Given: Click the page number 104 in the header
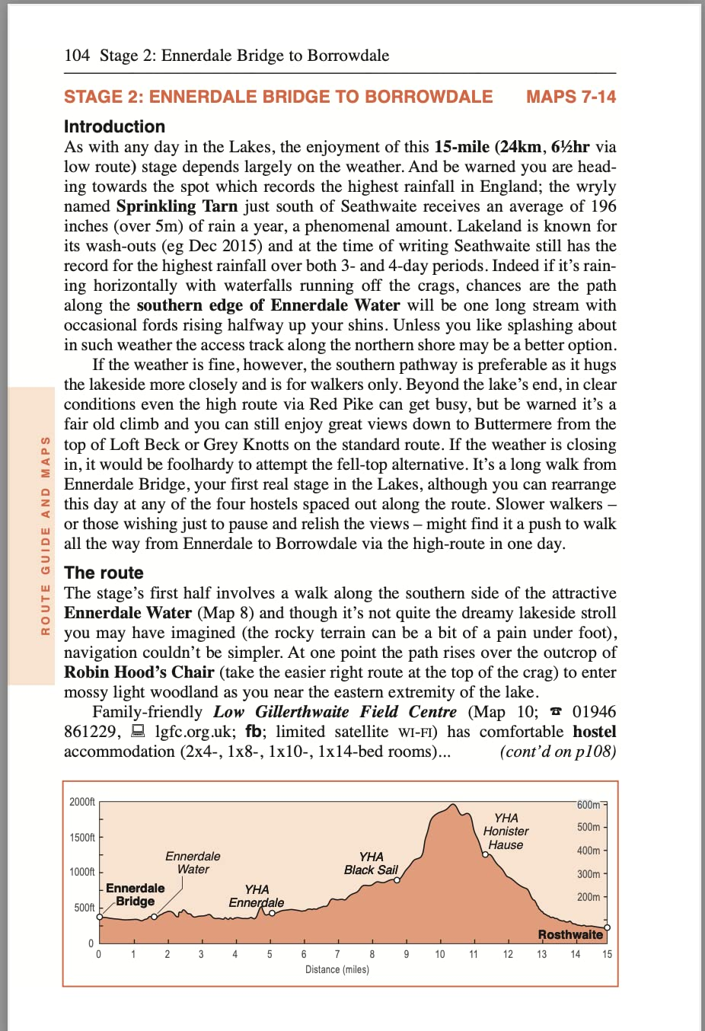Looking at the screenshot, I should (77, 56).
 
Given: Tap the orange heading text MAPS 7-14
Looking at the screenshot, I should (571, 97).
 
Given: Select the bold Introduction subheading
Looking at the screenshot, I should (114, 126).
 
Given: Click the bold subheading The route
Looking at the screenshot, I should (104, 573).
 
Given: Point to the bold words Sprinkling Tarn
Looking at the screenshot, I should (177, 206).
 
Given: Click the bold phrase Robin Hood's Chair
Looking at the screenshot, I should (139, 672).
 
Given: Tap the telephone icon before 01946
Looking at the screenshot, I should (556, 712).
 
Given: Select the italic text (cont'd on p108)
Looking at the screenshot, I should (557, 752).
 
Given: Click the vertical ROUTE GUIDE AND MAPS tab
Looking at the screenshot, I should (46, 535).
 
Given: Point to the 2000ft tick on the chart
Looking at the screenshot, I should (82, 802).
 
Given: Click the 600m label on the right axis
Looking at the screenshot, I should (589, 805).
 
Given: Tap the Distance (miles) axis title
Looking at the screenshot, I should (337, 969).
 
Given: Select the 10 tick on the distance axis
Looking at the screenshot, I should (440, 954).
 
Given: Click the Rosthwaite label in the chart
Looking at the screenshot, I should (570, 934).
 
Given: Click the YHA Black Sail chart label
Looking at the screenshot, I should (371, 863).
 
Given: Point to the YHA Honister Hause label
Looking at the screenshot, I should (506, 831).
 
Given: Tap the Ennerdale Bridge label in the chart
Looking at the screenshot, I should (136, 895).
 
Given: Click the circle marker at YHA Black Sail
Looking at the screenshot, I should (397, 879).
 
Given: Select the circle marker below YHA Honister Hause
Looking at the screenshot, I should (485, 854).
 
